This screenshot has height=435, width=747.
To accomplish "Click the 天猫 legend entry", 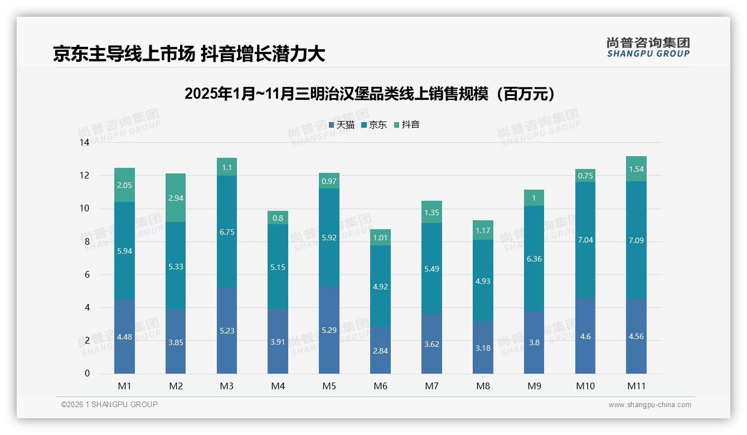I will click(x=341, y=125).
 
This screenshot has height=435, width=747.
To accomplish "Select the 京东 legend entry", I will click(x=374, y=125).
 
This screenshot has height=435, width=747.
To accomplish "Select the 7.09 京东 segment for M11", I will click(x=636, y=240).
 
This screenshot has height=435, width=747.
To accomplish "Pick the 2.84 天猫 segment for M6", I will click(x=381, y=350).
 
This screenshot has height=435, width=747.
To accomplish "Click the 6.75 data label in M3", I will click(x=227, y=232).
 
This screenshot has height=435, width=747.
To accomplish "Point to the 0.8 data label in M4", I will click(x=278, y=218).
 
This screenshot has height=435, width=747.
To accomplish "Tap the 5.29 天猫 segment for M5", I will click(x=329, y=330).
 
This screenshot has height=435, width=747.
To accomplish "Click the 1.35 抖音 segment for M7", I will click(x=431, y=212).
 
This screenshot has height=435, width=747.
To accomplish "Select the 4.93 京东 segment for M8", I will click(x=483, y=281).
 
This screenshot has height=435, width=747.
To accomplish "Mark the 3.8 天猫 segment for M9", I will click(x=534, y=342).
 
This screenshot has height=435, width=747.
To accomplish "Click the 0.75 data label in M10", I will click(x=585, y=175).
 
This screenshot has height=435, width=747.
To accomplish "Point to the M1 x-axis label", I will click(x=124, y=386).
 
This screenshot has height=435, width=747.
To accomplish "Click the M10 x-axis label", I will click(x=585, y=386).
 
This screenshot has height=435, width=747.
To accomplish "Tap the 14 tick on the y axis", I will click(x=84, y=143).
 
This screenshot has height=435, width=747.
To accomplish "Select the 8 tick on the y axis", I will click(x=87, y=241).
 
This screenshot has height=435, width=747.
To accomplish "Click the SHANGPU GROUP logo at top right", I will click(x=648, y=47).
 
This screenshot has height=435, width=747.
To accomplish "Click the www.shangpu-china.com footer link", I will click(x=649, y=405).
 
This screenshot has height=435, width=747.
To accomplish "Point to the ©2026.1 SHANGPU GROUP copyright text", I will click(x=109, y=404).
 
